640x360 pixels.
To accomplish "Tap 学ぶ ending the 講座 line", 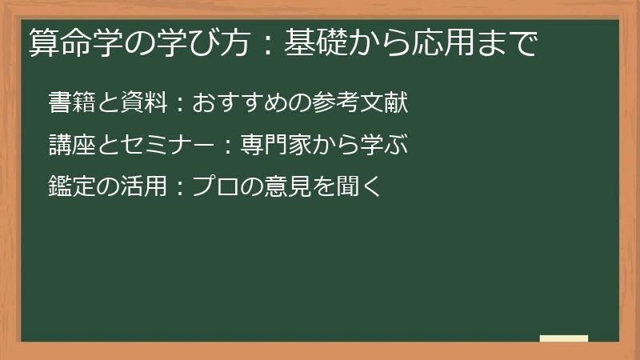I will [386, 145].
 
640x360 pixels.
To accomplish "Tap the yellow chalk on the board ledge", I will [564, 338].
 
